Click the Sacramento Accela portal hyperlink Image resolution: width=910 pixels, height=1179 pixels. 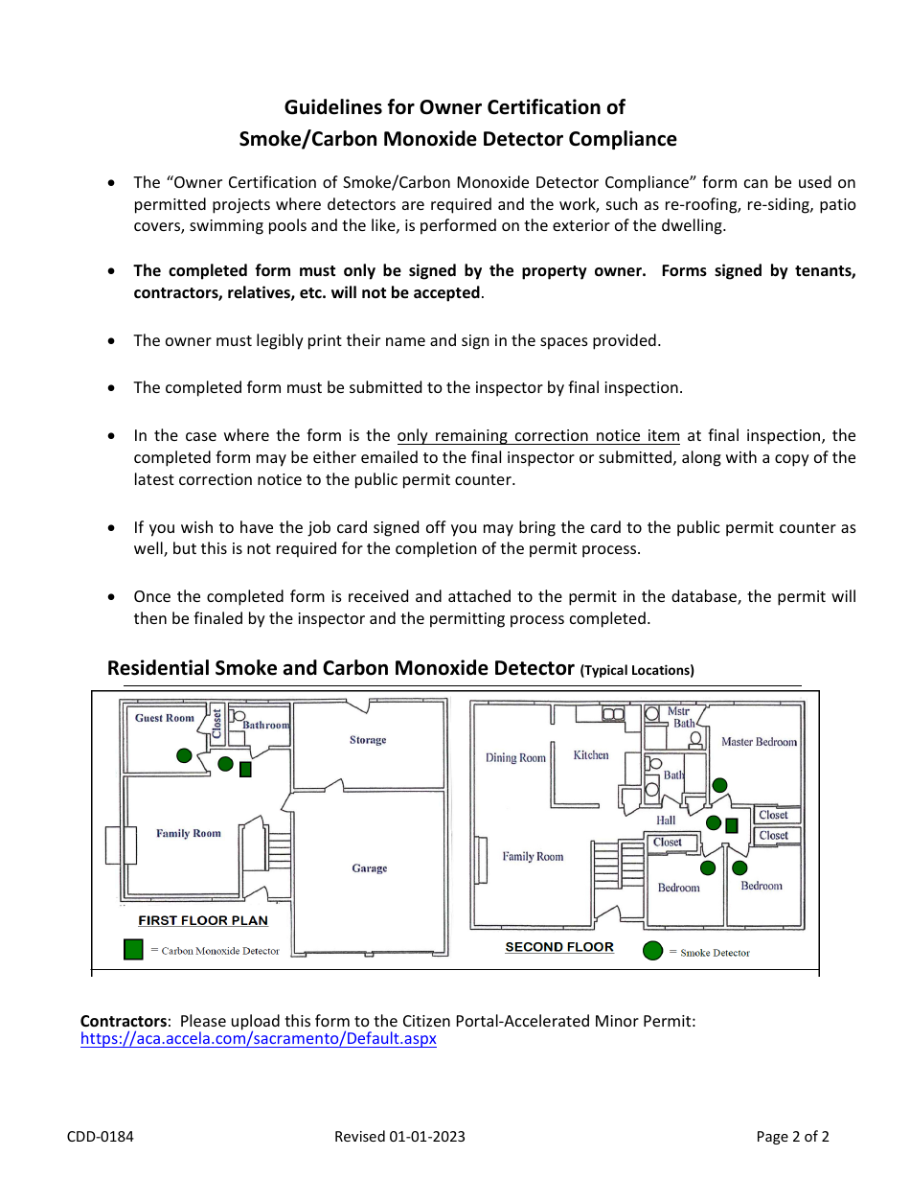click(x=258, y=1039)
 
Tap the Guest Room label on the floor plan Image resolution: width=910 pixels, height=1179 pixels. click(x=164, y=718)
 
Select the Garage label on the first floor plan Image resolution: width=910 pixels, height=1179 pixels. click(x=369, y=868)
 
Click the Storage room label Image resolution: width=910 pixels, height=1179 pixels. click(x=368, y=740)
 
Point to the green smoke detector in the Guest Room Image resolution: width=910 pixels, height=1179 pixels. click(x=184, y=755)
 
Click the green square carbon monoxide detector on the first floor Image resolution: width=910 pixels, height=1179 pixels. click(x=245, y=769)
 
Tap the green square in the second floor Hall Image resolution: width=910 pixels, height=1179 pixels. click(x=732, y=825)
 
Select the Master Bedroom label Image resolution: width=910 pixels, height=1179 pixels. click(x=759, y=742)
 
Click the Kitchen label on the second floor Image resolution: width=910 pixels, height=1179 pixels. click(x=591, y=755)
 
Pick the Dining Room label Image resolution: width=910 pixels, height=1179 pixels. click(x=515, y=758)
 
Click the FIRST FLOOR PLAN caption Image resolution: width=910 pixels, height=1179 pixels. click(x=203, y=920)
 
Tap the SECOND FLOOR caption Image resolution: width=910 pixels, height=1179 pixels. click(x=559, y=947)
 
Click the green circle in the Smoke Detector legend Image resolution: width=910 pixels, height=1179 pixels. click(x=652, y=951)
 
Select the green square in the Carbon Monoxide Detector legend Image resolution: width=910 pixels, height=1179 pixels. click(x=134, y=949)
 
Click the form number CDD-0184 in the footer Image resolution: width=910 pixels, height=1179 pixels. click(x=101, y=1137)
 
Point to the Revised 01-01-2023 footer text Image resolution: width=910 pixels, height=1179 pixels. click(x=399, y=1137)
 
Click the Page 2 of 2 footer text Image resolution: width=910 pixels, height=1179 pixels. click(x=792, y=1137)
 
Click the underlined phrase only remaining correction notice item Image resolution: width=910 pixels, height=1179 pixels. click(x=538, y=435)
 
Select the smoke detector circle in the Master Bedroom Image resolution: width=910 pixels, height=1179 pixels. click(x=719, y=785)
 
